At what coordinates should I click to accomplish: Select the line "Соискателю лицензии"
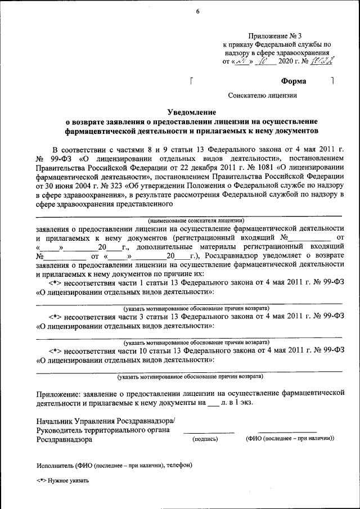tap(262, 96)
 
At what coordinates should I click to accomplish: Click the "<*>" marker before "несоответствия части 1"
tap(55, 282)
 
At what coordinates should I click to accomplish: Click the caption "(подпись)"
tap(205, 439)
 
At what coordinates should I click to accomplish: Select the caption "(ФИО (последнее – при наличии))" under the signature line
tap(290, 439)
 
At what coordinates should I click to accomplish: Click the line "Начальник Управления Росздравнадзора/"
tap(106, 421)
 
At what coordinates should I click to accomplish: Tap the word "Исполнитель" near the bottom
tap(56, 466)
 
